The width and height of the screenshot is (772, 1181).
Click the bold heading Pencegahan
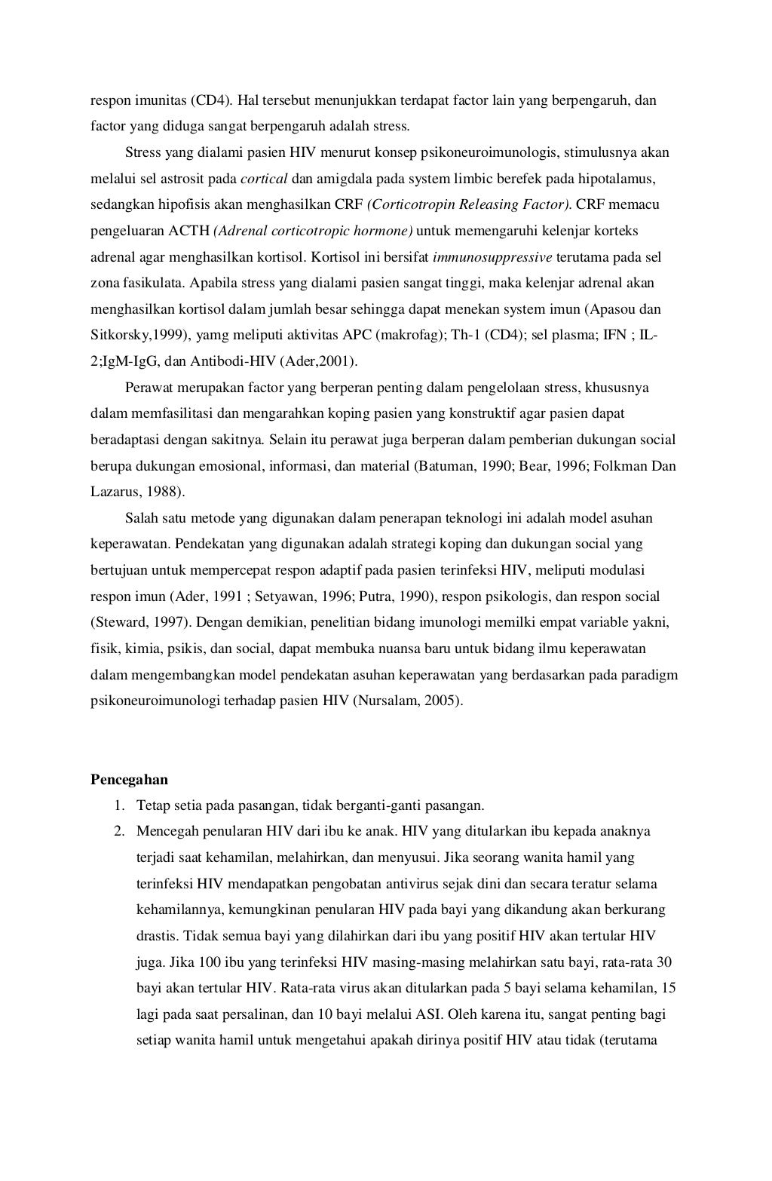[x=129, y=780]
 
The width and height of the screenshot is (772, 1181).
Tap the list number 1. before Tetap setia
[x=119, y=806]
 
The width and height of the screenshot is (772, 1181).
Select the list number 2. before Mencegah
[x=119, y=832]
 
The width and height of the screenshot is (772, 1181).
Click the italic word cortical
[x=264, y=179]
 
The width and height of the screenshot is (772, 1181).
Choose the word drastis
[x=157, y=937]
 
